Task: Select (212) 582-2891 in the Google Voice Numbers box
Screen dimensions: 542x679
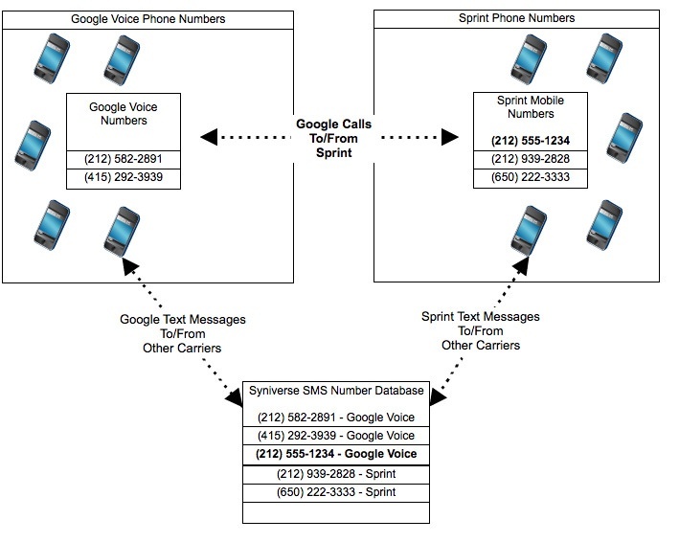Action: [124, 160]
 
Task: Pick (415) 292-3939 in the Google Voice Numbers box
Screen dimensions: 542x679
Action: [124, 178]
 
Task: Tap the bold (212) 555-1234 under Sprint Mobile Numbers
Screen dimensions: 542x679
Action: [531, 140]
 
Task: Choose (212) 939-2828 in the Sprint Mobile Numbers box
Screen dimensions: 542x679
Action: [531, 159]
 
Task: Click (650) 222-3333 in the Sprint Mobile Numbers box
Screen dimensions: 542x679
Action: [531, 178]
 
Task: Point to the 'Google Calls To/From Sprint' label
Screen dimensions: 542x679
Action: [333, 139]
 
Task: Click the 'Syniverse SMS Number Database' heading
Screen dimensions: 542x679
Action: [336, 393]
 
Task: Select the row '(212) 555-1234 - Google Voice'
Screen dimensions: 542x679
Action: [336, 454]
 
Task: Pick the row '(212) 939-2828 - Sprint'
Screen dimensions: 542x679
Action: [336, 474]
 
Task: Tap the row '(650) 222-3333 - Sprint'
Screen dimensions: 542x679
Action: [336, 492]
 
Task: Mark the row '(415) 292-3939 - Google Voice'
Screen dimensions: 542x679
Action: [336, 436]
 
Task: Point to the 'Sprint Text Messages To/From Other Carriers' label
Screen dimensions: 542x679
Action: [481, 330]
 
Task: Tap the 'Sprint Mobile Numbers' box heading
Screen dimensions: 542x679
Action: [531, 107]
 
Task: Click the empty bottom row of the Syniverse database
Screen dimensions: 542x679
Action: [336, 512]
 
